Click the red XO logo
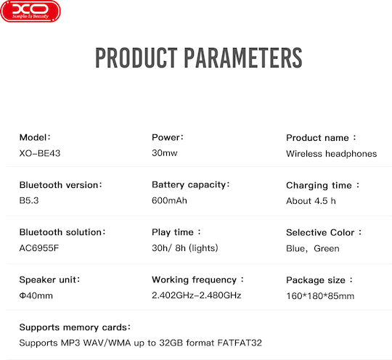(x=30, y=12)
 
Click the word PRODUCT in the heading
(x=136, y=58)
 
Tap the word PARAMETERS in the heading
(x=243, y=58)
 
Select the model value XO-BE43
(x=40, y=153)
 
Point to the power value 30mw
(x=165, y=152)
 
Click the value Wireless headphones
(x=332, y=153)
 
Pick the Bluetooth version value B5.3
(x=29, y=200)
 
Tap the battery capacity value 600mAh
(x=169, y=200)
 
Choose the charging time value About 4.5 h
(x=311, y=201)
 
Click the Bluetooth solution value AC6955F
(x=39, y=248)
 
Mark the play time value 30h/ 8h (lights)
(x=185, y=248)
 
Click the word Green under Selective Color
(x=327, y=248)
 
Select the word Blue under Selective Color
(x=295, y=248)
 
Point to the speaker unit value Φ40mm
(x=36, y=295)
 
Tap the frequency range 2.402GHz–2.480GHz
(x=196, y=295)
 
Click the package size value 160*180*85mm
(x=320, y=296)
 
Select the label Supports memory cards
(x=75, y=327)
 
